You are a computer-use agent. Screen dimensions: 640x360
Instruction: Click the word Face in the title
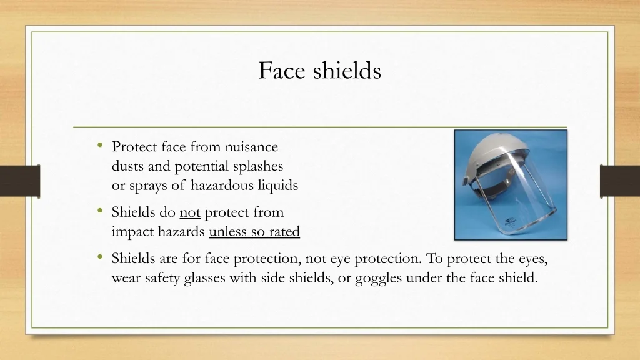[282, 70]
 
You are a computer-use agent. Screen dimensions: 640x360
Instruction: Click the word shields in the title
[347, 70]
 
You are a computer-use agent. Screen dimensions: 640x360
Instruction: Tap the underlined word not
[190, 212]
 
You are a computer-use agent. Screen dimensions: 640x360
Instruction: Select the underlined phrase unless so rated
[254, 231]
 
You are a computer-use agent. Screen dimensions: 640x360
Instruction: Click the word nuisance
[251, 146]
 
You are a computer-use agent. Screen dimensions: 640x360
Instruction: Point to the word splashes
[258, 166]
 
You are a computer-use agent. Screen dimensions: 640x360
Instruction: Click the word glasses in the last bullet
[204, 278]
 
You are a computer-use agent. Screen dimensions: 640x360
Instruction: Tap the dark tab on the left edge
[20, 181]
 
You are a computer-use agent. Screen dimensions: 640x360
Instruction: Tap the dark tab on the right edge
[620, 181]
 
